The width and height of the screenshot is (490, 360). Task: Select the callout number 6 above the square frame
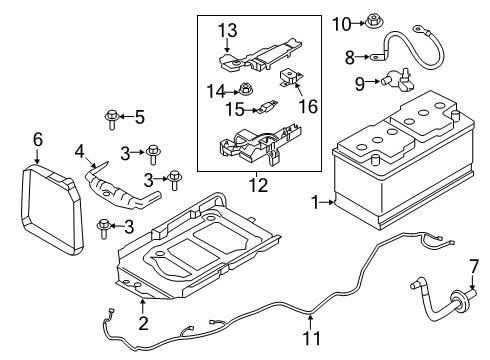[x=38, y=140]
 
